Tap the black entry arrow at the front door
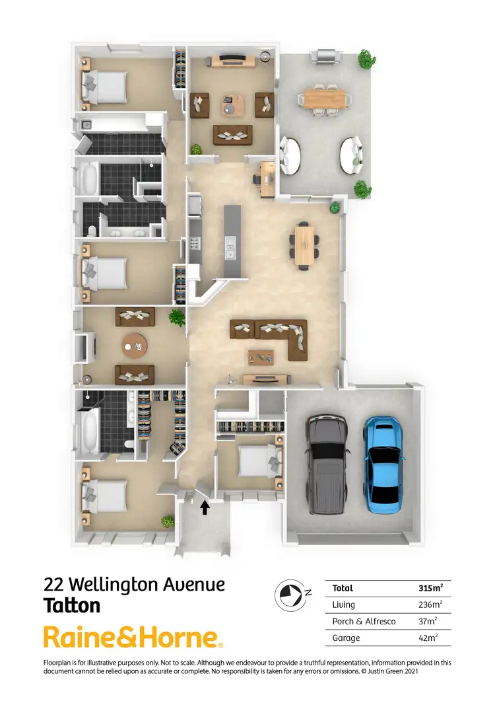(205, 507)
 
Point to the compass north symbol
(290, 593)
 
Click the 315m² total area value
(430, 587)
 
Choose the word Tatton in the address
(72, 605)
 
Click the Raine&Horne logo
(133, 638)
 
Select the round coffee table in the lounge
(135, 344)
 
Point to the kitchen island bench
(232, 240)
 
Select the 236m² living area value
(430, 604)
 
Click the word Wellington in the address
(115, 584)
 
